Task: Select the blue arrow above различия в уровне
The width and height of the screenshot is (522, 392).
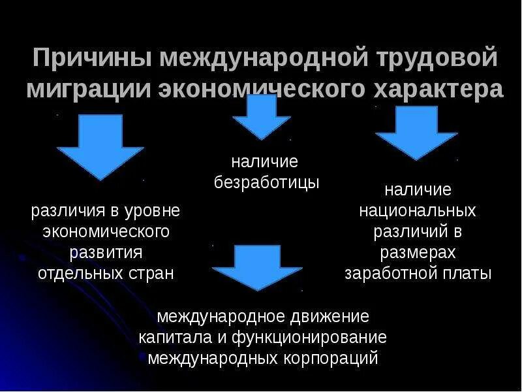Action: (x=100, y=146)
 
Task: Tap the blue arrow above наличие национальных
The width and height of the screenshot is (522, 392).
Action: (x=416, y=133)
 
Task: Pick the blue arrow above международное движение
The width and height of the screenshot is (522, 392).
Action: (x=257, y=267)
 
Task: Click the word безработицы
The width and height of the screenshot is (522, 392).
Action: (x=267, y=183)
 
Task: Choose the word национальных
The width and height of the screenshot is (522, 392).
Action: (x=418, y=211)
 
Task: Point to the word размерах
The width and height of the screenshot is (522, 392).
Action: (x=418, y=252)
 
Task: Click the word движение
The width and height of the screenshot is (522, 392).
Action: (x=330, y=317)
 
